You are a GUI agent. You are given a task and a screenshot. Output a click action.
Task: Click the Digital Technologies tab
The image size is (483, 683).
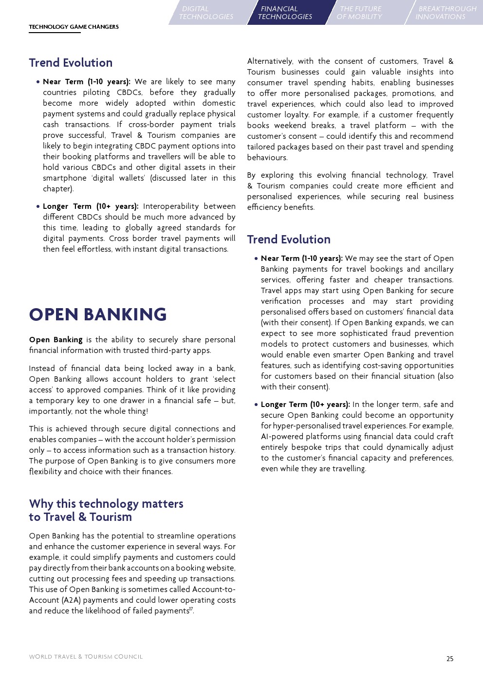click(206, 13)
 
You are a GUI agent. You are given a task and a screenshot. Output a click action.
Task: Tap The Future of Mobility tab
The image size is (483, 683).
click(360, 13)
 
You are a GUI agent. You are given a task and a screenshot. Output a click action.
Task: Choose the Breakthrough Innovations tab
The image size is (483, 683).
click(446, 13)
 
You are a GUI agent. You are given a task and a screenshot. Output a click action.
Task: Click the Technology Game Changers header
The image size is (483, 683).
click(74, 27)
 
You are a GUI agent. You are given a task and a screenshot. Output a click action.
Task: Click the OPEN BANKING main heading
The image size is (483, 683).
click(98, 314)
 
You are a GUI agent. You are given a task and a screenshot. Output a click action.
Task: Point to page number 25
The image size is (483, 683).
click(450, 659)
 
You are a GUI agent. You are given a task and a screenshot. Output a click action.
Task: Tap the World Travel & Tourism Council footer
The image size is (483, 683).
click(86, 657)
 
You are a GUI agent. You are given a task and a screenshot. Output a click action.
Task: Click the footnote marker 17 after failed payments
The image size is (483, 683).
click(191, 609)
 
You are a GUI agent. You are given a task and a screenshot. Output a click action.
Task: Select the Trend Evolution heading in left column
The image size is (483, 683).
click(71, 63)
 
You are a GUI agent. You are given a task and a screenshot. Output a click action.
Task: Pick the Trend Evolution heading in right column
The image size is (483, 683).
click(289, 240)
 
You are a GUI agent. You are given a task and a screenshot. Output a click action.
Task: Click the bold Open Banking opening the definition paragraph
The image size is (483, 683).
click(56, 340)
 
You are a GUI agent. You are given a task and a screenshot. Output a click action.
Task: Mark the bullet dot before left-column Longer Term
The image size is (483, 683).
click(38, 206)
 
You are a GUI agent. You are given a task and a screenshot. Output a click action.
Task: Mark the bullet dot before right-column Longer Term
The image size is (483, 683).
click(256, 405)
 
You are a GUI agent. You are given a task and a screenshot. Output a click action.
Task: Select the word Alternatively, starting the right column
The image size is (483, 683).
click(270, 61)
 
